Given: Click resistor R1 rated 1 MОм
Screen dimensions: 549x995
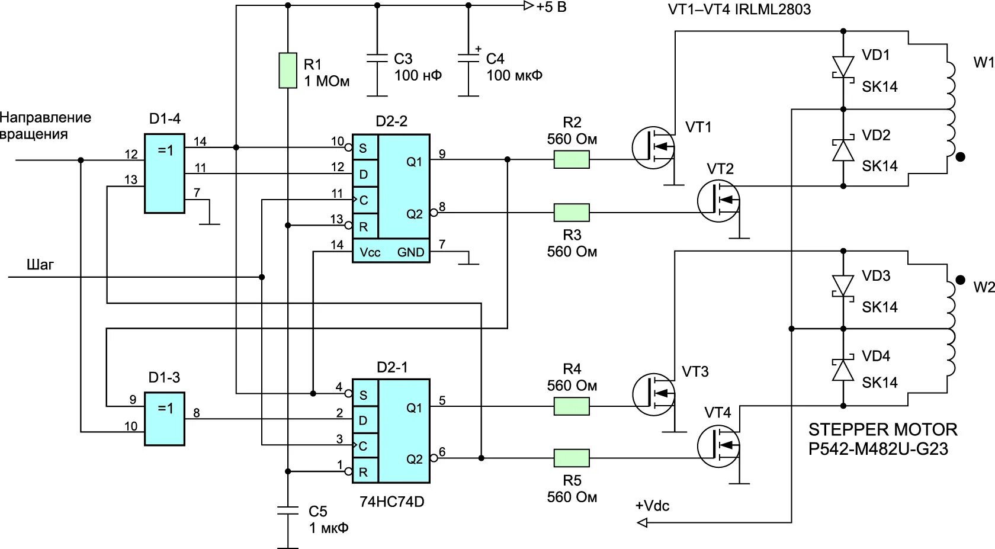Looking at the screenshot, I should (x=288, y=70).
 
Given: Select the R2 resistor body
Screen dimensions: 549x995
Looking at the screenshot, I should (x=572, y=159).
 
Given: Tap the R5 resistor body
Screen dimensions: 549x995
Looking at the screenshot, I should (x=572, y=458).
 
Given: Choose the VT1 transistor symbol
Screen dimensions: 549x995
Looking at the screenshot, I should (x=653, y=147).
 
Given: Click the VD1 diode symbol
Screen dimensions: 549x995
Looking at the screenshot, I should (x=843, y=66).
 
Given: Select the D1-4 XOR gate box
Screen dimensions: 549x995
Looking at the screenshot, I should (x=165, y=173).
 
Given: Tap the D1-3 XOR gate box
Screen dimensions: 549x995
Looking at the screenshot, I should (x=165, y=419).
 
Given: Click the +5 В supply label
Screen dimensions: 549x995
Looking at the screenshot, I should (x=551, y=7).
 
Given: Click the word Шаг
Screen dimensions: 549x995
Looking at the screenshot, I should (x=40, y=264).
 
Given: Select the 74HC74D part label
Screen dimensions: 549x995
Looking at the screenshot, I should (x=392, y=502).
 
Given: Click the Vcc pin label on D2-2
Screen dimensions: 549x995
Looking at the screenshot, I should (x=370, y=252).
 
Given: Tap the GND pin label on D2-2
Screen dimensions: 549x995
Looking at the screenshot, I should (x=410, y=252).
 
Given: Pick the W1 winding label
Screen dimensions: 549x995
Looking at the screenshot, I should (x=983, y=62).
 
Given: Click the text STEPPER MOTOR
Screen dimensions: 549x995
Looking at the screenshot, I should (x=882, y=429).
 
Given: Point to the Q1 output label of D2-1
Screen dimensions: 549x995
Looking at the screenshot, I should (x=414, y=407).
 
